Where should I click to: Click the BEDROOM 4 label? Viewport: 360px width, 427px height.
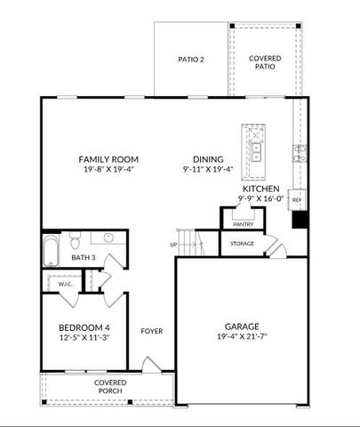pos(84,326)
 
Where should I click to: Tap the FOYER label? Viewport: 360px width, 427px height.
pos(151,331)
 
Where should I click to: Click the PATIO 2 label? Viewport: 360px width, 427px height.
pos(191,60)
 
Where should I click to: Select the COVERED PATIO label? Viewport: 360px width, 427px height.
pos(264,61)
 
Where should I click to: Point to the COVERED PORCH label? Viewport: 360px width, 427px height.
pos(111,387)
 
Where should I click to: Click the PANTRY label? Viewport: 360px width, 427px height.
pos(243,225)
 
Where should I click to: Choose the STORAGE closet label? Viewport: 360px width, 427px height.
pos(242,243)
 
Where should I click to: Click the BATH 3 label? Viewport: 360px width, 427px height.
pos(60,259)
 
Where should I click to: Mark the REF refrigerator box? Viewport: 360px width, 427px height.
pos(297,201)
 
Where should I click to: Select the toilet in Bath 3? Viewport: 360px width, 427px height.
pos(77,240)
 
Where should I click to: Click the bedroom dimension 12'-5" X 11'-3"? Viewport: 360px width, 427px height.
pos(84,337)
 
